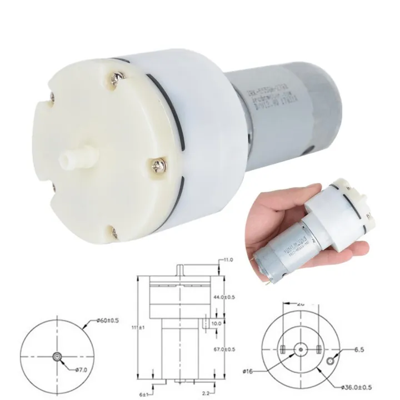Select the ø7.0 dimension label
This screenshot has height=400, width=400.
(82, 368)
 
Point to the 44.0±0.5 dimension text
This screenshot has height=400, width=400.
(224, 298)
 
